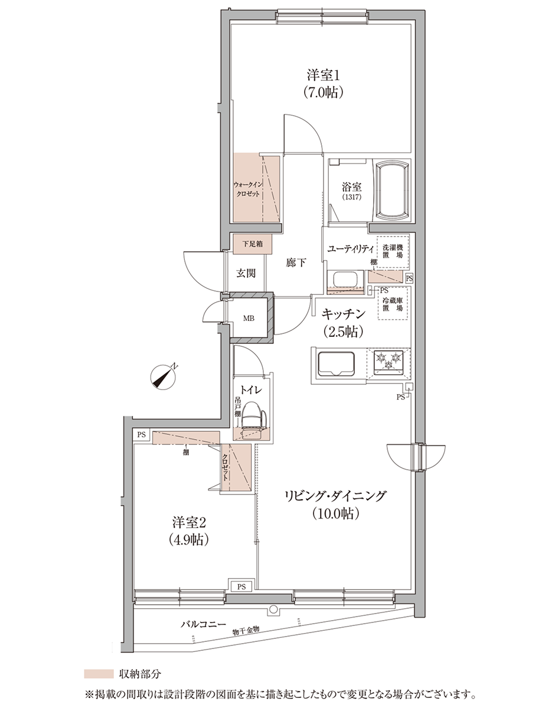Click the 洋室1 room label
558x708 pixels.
click(x=324, y=76)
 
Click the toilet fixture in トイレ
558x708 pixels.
click(x=254, y=420)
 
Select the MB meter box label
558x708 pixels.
click(x=249, y=319)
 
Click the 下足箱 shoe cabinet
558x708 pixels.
click(x=253, y=244)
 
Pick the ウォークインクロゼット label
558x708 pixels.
click(x=247, y=189)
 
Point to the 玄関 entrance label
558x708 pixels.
click(x=246, y=273)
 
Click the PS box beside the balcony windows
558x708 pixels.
click(x=242, y=578)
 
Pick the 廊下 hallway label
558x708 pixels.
click(x=295, y=263)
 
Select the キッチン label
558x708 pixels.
click(x=343, y=314)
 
